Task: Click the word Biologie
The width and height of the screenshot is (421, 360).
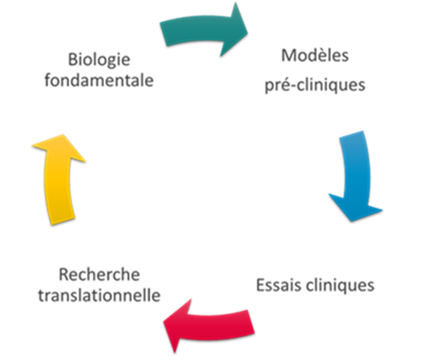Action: [98, 60]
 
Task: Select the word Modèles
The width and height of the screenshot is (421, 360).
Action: [315, 57]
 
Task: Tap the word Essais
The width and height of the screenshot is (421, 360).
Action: [279, 285]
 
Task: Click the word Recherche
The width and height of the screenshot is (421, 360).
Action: [99, 274]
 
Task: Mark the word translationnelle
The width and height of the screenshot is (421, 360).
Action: [99, 296]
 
